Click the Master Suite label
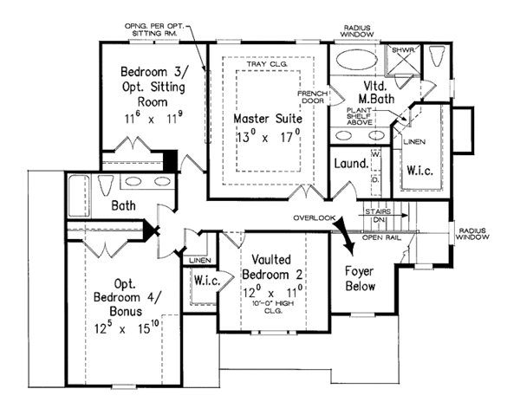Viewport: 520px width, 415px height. click(x=266, y=117)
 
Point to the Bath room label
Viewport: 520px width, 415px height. click(x=127, y=206)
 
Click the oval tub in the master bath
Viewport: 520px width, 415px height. click(x=358, y=62)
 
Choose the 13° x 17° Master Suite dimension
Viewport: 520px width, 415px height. click(x=266, y=136)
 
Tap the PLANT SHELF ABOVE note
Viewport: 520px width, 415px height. click(x=360, y=116)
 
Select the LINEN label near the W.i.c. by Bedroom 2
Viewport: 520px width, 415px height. click(x=200, y=260)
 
